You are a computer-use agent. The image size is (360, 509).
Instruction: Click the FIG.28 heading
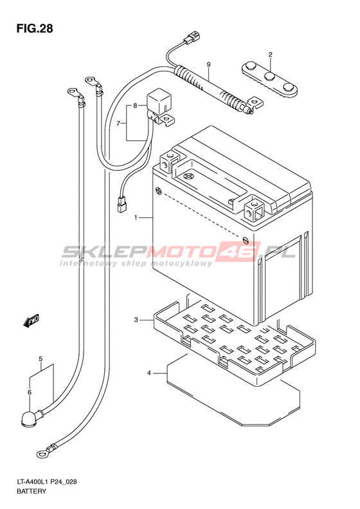pyautogui.click(x=35, y=28)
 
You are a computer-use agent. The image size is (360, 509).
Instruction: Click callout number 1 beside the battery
pyautogui.click(x=136, y=217)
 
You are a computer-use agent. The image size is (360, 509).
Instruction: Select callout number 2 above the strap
pyautogui.click(x=270, y=55)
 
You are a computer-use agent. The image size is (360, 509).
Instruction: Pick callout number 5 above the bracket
pyautogui.click(x=40, y=359)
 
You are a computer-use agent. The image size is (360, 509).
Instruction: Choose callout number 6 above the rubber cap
pyautogui.click(x=30, y=393)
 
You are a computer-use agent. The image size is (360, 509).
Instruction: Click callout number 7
pyautogui.click(x=119, y=124)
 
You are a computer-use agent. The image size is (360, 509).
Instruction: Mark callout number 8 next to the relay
pyautogui.click(x=135, y=106)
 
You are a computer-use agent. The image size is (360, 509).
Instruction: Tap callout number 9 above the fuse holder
pyautogui.click(x=208, y=64)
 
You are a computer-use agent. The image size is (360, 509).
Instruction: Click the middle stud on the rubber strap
pyautogui.click(x=270, y=77)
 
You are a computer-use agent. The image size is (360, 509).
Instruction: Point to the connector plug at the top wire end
pyautogui.click(x=191, y=37)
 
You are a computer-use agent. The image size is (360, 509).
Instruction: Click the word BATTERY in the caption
pyautogui.click(x=32, y=491)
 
